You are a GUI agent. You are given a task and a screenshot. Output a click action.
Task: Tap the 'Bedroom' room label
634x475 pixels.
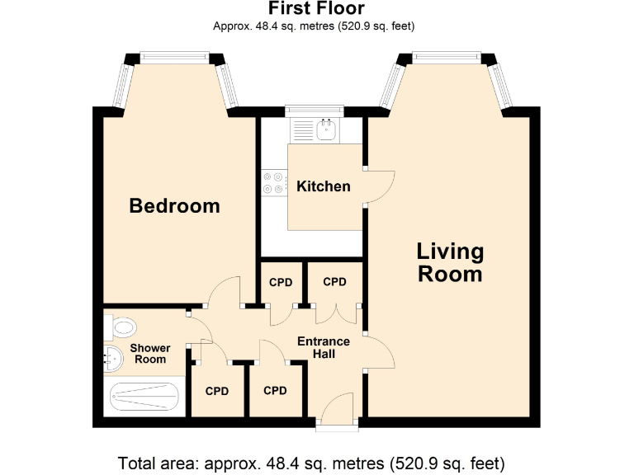point(174,205)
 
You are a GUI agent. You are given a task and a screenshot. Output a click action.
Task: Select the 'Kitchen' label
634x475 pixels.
point(323,186)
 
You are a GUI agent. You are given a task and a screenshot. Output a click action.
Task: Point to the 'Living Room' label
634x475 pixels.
point(450,262)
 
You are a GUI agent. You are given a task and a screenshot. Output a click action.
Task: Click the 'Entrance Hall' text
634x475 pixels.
point(323,347)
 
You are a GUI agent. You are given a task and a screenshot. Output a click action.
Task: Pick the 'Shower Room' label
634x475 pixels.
point(149,353)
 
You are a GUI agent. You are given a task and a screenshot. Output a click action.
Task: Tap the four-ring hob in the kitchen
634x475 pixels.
point(273,182)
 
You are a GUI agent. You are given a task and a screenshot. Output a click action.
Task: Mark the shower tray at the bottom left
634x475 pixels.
point(144,399)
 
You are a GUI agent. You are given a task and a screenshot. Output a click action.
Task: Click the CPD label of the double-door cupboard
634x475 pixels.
point(334,282)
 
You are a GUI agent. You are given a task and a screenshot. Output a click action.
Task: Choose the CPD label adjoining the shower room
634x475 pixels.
point(216,391)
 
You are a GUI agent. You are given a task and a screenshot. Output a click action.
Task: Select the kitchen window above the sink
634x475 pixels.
point(313,110)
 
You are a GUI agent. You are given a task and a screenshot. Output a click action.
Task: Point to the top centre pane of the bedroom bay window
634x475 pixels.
point(175,57)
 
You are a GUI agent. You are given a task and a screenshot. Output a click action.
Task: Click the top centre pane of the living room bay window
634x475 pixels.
point(447,57)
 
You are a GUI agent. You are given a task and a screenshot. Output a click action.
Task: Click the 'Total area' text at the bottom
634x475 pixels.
point(311,461)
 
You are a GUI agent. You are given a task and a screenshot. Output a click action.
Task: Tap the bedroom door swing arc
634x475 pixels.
point(224,291)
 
